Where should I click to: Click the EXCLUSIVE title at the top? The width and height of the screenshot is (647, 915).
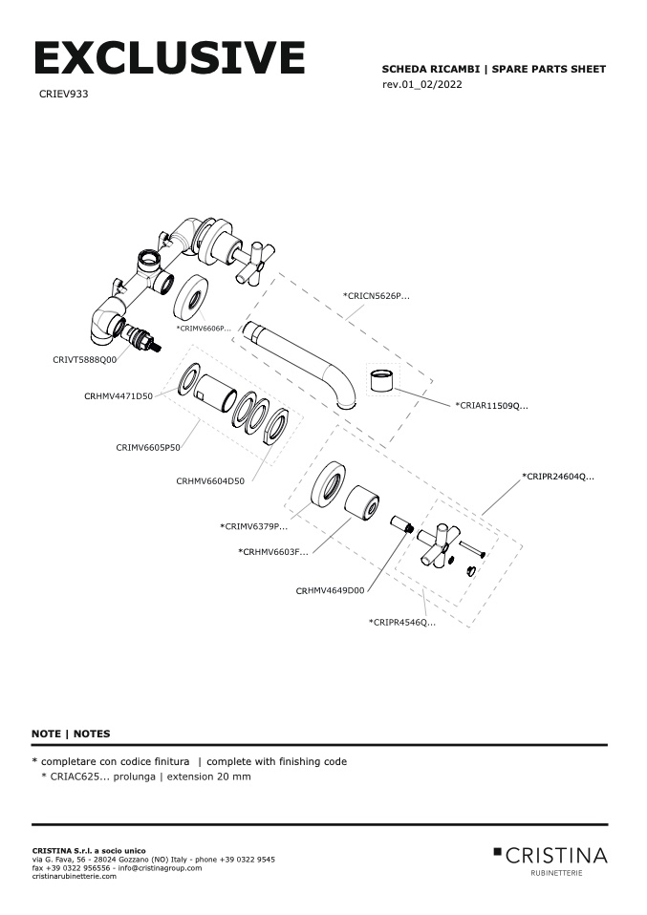(169, 58)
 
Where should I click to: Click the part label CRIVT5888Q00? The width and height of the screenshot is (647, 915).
(84, 360)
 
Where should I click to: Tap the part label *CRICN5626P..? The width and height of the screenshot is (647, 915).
(377, 296)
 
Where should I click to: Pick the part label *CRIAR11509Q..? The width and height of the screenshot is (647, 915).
(491, 406)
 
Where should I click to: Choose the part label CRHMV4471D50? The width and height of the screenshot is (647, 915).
(119, 395)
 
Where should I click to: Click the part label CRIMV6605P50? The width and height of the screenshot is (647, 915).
(148, 447)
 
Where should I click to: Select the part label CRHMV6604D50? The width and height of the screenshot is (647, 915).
(210, 481)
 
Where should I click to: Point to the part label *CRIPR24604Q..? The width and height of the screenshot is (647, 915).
(558, 476)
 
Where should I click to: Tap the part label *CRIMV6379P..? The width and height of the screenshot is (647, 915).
(253, 526)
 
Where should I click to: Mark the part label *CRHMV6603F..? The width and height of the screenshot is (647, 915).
(273, 552)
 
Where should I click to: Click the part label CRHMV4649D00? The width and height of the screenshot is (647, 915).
(330, 591)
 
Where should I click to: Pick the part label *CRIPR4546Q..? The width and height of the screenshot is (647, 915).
(402, 623)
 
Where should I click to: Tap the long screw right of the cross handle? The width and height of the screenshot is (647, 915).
(473, 548)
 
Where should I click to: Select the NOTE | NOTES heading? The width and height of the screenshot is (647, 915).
(71, 734)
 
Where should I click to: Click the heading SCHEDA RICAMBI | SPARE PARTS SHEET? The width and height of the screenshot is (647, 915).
(493, 70)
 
